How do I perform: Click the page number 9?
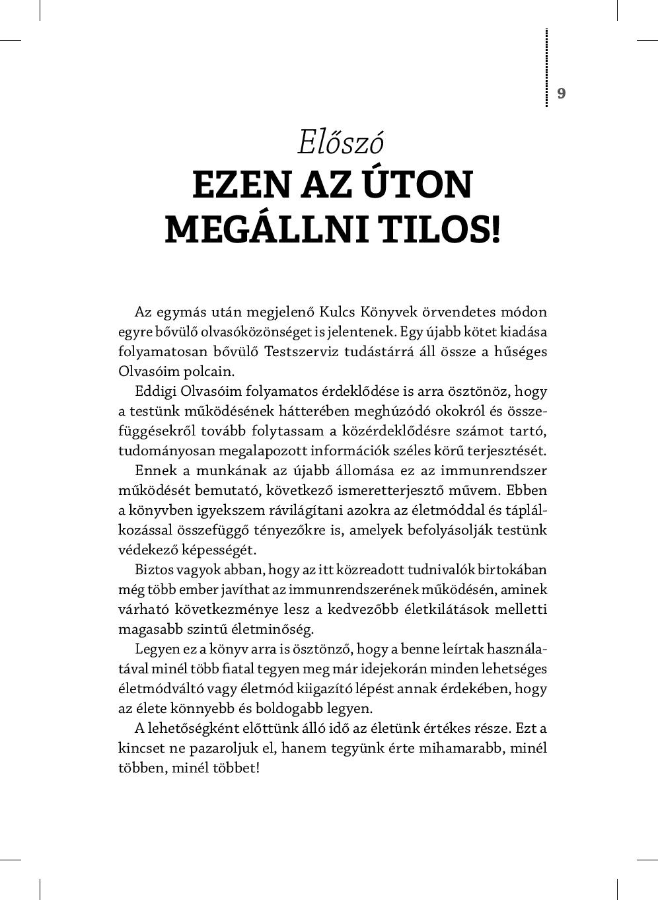(x=561, y=93)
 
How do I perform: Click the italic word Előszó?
(x=340, y=142)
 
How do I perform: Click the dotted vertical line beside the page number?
(x=547, y=67)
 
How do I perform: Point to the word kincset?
(x=141, y=748)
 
